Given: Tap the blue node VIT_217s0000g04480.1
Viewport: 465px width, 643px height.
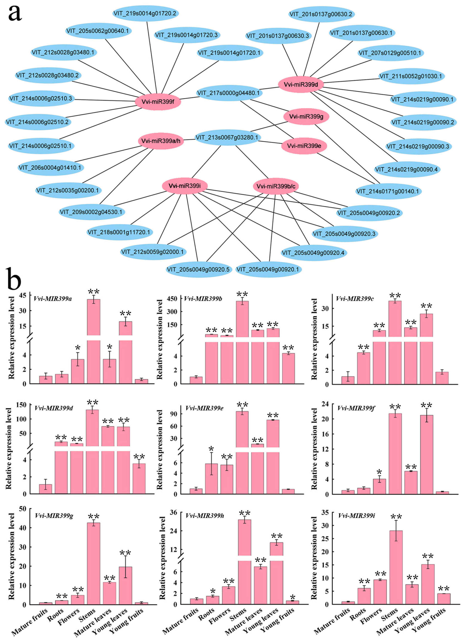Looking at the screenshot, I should pyautogui.click(x=228, y=93).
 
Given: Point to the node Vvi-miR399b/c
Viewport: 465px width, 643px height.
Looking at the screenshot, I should pyautogui.click(x=276, y=186).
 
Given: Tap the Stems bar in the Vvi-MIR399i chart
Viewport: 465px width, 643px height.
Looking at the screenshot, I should pyautogui.click(x=396, y=567).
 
